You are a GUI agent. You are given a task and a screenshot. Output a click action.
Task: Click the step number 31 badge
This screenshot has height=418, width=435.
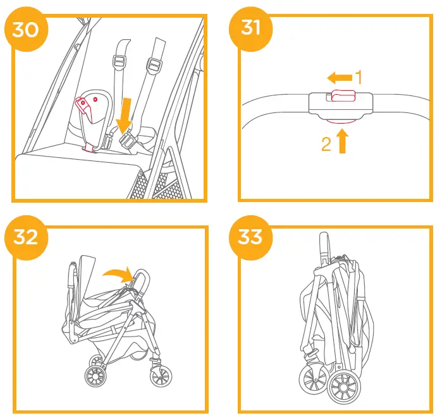click(250, 29)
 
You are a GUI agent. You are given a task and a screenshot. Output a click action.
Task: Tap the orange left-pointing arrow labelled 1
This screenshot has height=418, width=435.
click(340, 78)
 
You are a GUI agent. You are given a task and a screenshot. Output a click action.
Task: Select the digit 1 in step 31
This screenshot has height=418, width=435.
click(358, 78)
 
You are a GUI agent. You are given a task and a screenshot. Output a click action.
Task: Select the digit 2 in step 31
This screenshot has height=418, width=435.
click(326, 145)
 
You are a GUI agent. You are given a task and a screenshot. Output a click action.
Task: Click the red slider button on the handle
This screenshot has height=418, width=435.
click(340, 96)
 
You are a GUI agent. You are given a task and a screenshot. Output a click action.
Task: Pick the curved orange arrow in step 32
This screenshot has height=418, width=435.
click(117, 272)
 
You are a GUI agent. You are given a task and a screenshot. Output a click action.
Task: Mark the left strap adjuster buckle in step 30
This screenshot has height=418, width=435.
click(118, 63)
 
